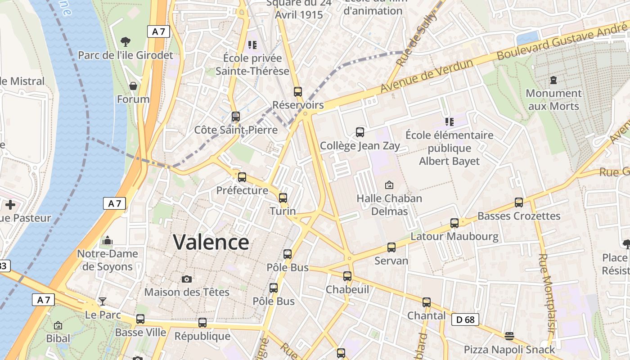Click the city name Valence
pos(211,242)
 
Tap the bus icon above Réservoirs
pos(297,92)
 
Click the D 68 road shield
pos(465,319)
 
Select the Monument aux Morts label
pos(553,99)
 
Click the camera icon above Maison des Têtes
pos(187,279)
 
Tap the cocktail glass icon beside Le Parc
pos(103,301)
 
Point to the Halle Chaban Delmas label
pos(389,205)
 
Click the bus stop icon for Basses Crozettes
pos(519,202)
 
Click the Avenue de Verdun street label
pos(427,76)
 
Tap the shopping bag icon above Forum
pos(133,86)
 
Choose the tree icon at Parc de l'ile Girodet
pos(126,42)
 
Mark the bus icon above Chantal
pos(426,302)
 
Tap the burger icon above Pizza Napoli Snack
pos(509,336)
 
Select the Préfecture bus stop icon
pos(242,177)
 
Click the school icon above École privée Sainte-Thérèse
pos(252,45)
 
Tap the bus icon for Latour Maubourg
pos(454,223)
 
